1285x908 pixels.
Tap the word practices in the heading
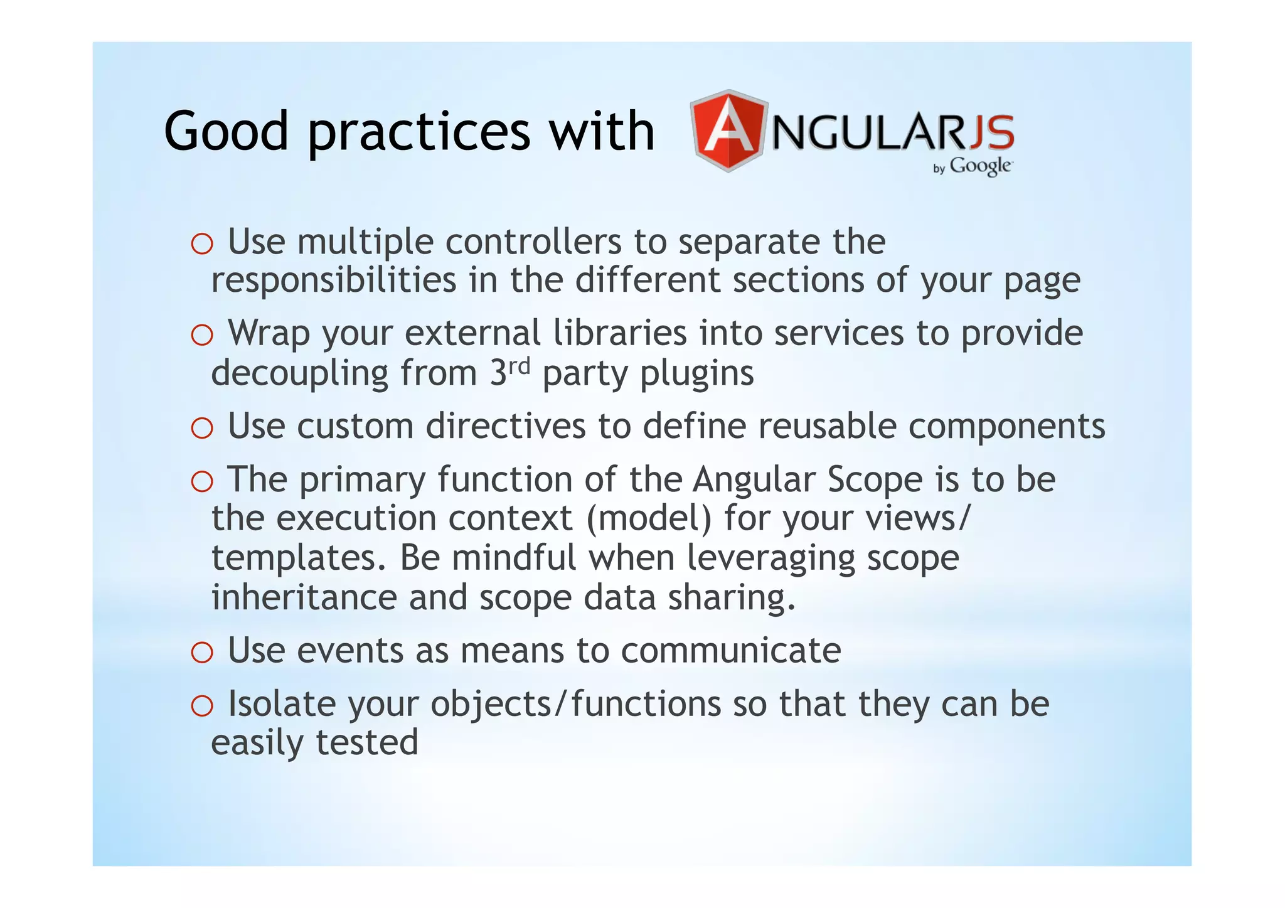[x=419, y=133]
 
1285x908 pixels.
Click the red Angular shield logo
[x=728, y=131]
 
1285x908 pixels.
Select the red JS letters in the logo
[x=991, y=132]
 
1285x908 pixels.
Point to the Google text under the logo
[x=980, y=166]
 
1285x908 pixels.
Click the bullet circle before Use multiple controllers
[x=202, y=244]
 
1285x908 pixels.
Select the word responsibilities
[x=334, y=280]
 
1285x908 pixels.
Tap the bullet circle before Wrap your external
[x=202, y=336]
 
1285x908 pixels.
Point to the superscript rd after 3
[x=519, y=365]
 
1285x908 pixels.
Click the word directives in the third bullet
[x=505, y=426]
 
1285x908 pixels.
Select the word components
[x=1006, y=427]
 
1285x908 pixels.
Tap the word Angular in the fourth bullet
[x=754, y=480]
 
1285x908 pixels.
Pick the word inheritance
[x=304, y=597]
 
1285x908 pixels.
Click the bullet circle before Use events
[x=202, y=653]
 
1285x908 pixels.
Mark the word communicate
[x=731, y=651]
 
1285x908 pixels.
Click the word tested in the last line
[x=366, y=742]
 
